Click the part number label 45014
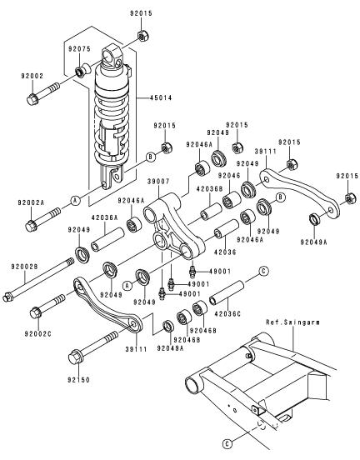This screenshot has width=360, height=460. point(161,98)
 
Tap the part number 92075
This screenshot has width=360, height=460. point(80,48)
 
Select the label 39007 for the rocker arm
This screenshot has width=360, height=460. point(158,182)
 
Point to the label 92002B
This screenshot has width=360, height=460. point(25,267)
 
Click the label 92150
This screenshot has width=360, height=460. point(78,380)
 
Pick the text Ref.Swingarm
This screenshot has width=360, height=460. point(292,322)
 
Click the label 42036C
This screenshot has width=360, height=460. point(227,314)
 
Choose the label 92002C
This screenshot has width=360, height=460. point(38,333)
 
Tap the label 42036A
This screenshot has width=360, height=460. point(104,217)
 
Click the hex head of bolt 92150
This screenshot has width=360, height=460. point(76,357)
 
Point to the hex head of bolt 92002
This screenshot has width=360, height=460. point(32,99)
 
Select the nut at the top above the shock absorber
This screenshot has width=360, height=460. point(142,36)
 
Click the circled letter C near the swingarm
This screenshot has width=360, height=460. point(227,444)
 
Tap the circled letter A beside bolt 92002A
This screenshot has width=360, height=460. point(75,201)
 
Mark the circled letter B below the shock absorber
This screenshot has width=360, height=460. point(151,157)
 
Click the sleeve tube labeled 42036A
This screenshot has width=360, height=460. point(107,239)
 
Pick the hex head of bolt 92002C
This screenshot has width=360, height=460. point(36,312)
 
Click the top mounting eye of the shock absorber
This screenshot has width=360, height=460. point(112,56)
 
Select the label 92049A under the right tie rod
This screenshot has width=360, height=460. point(313,242)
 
